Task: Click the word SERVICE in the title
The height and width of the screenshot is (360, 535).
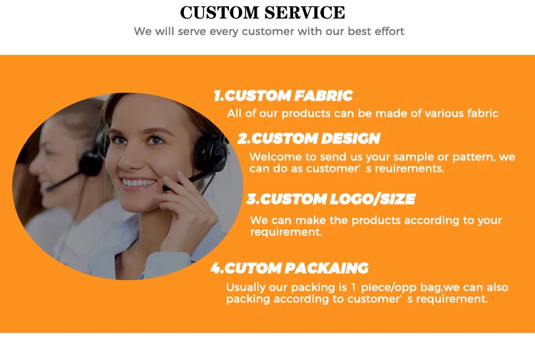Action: (305, 13)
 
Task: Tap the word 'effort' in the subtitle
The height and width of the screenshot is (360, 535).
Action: (389, 31)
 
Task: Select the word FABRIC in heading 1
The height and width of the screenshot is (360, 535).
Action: (323, 96)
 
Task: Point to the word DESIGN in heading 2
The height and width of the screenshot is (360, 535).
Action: (350, 138)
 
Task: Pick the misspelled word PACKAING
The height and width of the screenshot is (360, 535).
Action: (327, 268)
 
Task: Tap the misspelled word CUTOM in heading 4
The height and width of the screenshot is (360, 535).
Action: (253, 268)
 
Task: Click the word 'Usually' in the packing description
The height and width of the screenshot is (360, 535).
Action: (246, 288)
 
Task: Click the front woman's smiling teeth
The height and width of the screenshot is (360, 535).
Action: (138, 182)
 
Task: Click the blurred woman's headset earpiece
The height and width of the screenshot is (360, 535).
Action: (90, 164)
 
